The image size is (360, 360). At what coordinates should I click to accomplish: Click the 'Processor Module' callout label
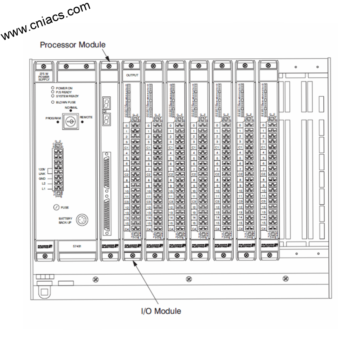(72, 45)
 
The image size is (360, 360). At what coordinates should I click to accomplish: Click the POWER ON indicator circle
(53, 88)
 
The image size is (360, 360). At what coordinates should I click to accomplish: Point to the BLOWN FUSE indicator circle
(53, 102)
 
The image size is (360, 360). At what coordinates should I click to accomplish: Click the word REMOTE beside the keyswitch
(86, 117)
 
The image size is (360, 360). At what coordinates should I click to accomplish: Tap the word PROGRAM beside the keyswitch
(53, 118)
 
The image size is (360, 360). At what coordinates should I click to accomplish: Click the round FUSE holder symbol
(56, 207)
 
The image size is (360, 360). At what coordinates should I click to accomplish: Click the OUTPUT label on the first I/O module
(132, 75)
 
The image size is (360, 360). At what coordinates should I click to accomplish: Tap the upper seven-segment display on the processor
(105, 104)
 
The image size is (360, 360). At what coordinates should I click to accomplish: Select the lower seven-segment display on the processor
(105, 120)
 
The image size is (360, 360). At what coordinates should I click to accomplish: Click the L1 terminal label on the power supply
(43, 189)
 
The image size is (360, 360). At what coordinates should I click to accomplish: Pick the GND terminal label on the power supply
(43, 179)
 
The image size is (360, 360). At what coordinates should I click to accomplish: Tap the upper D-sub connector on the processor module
(107, 171)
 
